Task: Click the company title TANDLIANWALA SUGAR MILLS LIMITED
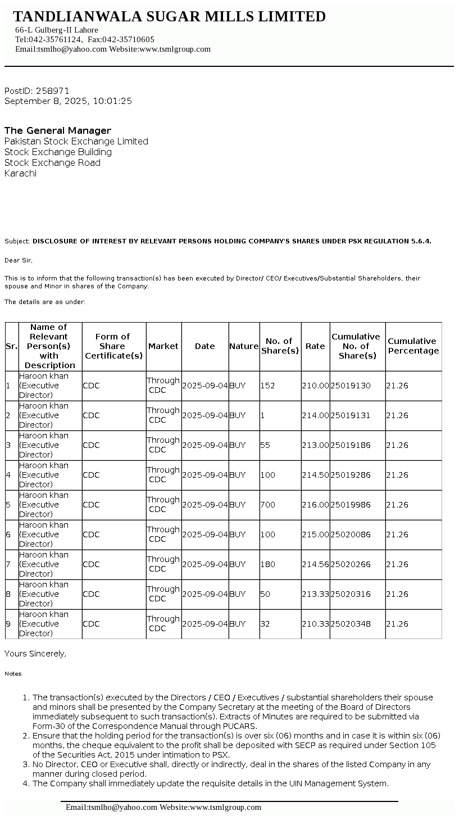click(169, 17)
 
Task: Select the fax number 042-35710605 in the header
click(128, 39)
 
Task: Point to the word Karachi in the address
click(20, 174)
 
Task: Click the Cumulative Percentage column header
click(413, 346)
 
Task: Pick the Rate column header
click(315, 346)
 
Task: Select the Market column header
click(163, 346)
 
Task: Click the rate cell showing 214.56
click(315, 564)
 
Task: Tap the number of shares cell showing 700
click(268, 505)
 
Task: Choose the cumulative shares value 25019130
click(351, 386)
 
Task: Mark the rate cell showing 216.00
click(315, 505)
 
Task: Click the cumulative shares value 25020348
click(351, 624)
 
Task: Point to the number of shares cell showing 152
click(268, 386)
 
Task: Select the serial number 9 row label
click(8, 624)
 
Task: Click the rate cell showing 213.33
click(315, 594)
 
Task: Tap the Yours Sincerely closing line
click(35, 654)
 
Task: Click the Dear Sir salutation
click(19, 260)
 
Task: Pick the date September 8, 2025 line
click(68, 101)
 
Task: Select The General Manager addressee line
click(58, 130)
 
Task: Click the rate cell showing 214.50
click(315, 475)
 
